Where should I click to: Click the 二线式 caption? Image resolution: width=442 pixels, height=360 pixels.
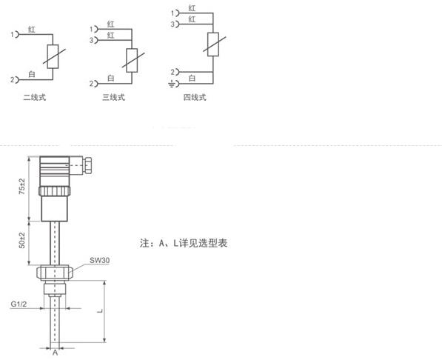pos(34,97)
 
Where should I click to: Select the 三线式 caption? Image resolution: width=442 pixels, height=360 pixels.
pos(113,97)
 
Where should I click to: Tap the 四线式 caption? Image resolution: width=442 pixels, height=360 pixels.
pos(195,97)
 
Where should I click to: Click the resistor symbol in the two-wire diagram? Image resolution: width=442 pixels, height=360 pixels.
pos(53,56)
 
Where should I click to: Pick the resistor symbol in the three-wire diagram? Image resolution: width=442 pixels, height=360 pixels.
pos(132,60)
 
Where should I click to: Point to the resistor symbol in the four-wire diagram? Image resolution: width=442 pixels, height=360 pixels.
pos(213,44)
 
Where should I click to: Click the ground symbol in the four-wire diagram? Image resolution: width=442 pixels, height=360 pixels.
pos(171,84)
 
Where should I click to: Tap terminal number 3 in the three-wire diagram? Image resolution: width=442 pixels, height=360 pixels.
pos(91,40)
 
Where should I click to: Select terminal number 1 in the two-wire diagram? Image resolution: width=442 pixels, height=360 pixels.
pos(13,34)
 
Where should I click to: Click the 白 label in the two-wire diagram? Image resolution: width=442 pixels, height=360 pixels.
pos(32,75)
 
